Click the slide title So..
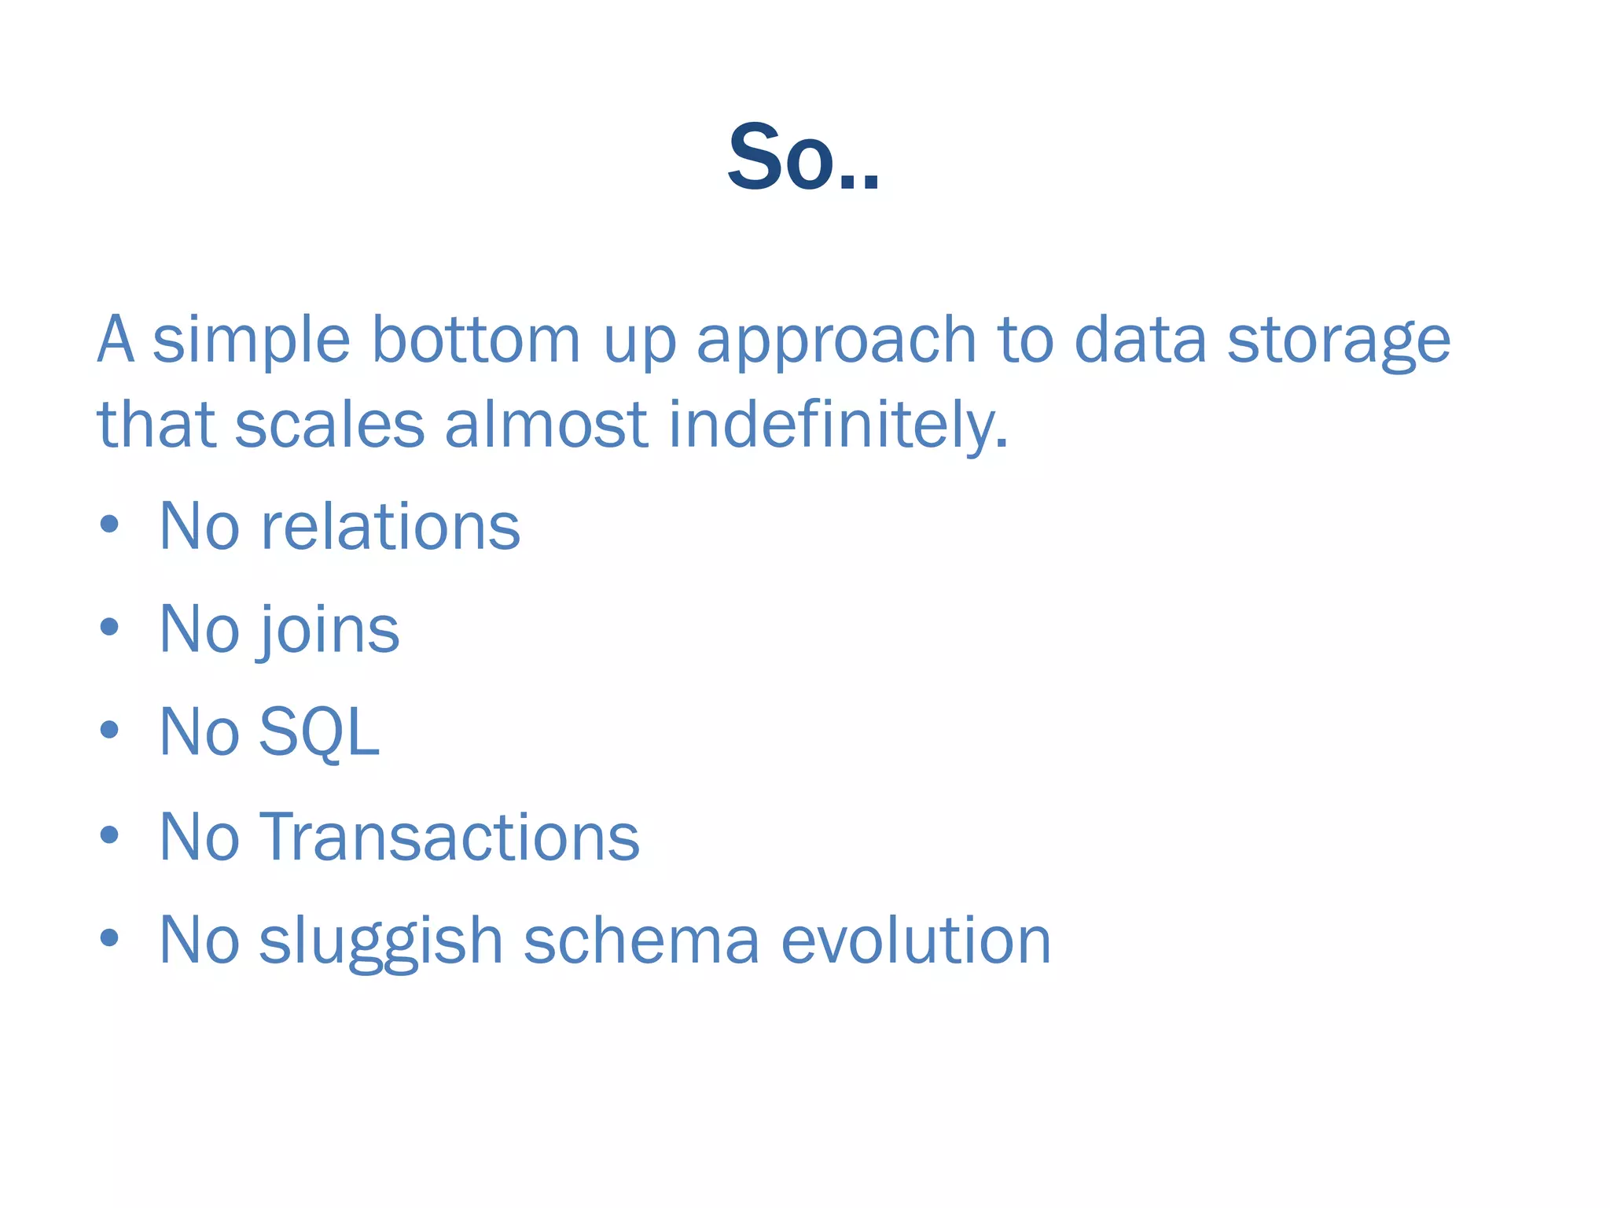pyautogui.click(x=802, y=157)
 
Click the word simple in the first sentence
pyautogui.click(x=251, y=340)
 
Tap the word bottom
pyautogui.click(x=475, y=340)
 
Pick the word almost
pyautogui.click(x=546, y=425)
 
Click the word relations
pyautogui.click(x=390, y=527)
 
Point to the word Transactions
pyautogui.click(x=449, y=837)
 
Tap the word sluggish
pyautogui.click(x=380, y=941)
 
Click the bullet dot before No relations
pyautogui.click(x=110, y=525)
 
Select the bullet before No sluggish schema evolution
pyautogui.click(x=110, y=937)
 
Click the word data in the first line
pyautogui.click(x=1139, y=340)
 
